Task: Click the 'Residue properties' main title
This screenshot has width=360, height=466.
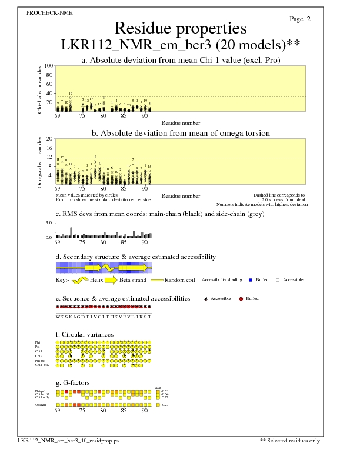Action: pyautogui.click(x=180, y=28)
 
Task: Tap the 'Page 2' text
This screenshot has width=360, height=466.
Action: pyautogui.click(x=300, y=19)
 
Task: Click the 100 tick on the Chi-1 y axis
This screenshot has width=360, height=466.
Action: pyautogui.click(x=49, y=66)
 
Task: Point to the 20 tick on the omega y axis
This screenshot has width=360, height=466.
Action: pyautogui.click(x=49, y=139)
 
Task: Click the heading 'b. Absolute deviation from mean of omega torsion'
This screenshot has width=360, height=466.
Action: pyautogui.click(x=180, y=134)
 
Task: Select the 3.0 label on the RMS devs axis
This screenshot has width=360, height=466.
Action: pyautogui.click(x=49, y=224)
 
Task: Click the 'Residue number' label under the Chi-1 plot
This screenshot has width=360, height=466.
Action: pyautogui.click(x=181, y=123)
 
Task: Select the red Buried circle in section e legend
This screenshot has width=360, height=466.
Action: pyautogui.click(x=241, y=299)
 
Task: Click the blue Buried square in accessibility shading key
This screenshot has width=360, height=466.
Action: pyautogui.click(x=251, y=280)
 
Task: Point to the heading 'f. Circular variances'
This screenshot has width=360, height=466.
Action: pyautogui.click(x=85, y=335)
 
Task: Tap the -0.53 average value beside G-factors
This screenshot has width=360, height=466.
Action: pyautogui.click(x=165, y=391)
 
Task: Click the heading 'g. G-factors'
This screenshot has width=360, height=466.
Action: pyautogui.click(x=72, y=382)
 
